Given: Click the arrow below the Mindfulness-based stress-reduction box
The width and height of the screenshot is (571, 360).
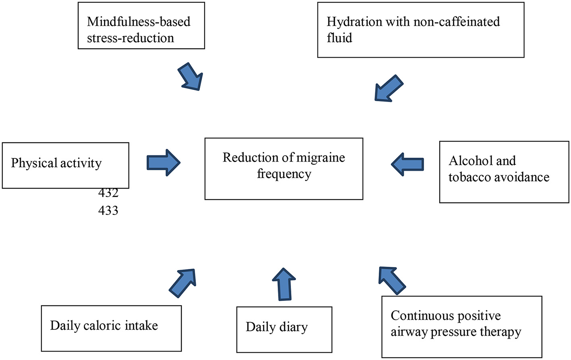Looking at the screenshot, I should coord(191,77).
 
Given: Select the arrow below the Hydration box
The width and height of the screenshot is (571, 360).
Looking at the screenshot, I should coord(388,89).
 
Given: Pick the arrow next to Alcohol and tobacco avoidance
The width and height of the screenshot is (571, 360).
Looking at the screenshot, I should coord(407,164).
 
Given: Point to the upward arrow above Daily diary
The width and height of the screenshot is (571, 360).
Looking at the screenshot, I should coord(284,284).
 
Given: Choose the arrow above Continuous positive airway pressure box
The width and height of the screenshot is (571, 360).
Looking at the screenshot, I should coord(391,280).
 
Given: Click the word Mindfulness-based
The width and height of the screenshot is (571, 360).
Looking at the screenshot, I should coord(139,21).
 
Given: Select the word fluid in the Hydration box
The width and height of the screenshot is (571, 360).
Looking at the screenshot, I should coord(339,38).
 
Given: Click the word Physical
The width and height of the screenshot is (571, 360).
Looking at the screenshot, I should coord(34,163).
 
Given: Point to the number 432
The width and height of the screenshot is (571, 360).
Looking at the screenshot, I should coord(108,194).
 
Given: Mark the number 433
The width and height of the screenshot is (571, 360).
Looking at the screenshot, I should coord(108,210).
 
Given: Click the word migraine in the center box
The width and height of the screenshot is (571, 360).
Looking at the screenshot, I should coord(320,157).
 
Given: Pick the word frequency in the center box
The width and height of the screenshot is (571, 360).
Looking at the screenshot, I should coord(284,174).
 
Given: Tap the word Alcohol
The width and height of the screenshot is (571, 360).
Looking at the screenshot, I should coord(471,161).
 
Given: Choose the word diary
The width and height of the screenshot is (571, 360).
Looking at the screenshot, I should coord(293,327).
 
